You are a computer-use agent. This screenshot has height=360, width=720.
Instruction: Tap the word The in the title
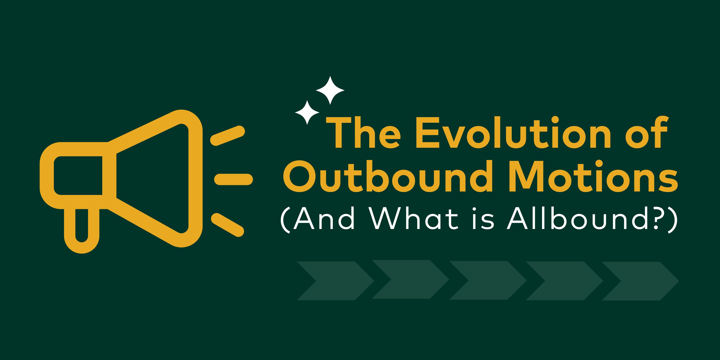363,132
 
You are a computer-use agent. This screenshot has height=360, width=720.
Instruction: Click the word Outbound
388,176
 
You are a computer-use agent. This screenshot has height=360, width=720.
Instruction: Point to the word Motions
593,176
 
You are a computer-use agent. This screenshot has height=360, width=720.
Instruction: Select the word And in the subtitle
324,218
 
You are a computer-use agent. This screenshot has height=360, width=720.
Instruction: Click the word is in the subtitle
483,218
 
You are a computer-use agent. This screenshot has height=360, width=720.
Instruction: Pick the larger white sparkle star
330,90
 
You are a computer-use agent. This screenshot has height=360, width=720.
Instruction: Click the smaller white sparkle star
307,112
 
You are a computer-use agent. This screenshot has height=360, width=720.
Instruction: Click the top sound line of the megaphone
227,135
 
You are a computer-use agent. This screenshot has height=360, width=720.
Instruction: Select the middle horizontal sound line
233,179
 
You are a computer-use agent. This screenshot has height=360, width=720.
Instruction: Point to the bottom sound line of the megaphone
227,225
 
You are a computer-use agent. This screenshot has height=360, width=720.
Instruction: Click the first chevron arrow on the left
335,281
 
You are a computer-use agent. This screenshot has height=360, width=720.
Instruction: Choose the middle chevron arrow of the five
488,280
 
